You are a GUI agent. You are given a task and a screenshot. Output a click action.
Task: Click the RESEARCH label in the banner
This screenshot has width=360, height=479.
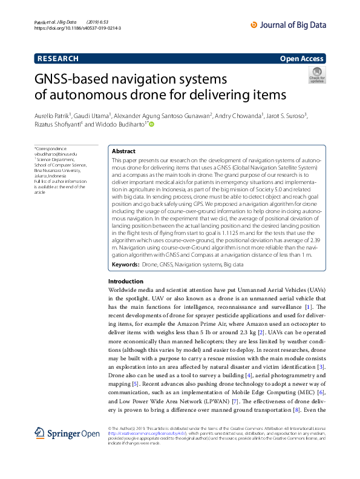click(x=58, y=59)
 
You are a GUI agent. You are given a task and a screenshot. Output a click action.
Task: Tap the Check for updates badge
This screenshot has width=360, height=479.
click(x=317, y=75)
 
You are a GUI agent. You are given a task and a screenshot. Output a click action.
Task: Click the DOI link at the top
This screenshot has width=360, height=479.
click(x=78, y=28)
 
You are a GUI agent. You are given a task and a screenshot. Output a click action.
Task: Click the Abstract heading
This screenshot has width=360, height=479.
click(x=124, y=151)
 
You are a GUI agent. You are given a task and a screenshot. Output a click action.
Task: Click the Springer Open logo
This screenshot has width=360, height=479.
click(x=67, y=433)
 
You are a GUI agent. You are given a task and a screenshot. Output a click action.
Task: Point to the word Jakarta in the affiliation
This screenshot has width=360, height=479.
click(x=43, y=176)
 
